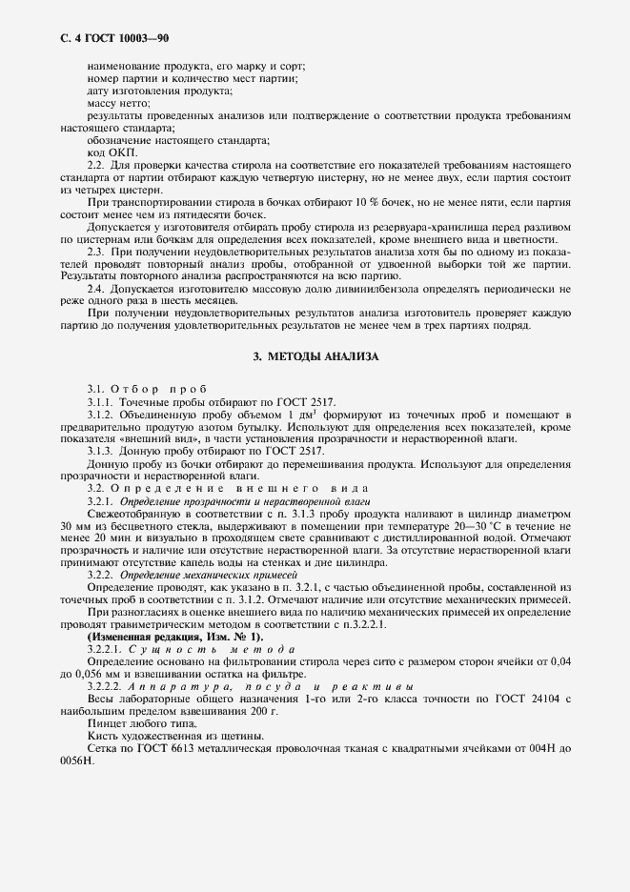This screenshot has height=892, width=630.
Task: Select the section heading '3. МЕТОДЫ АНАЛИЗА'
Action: pos(315,356)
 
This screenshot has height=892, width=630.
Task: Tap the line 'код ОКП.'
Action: pos(112,152)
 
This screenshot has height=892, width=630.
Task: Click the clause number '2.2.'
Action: pos(95,165)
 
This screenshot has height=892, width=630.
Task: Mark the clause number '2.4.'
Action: pos(95,289)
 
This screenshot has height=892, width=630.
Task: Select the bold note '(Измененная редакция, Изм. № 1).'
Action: pos(174,637)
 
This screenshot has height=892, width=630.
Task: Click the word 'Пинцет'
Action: pos(106,724)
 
